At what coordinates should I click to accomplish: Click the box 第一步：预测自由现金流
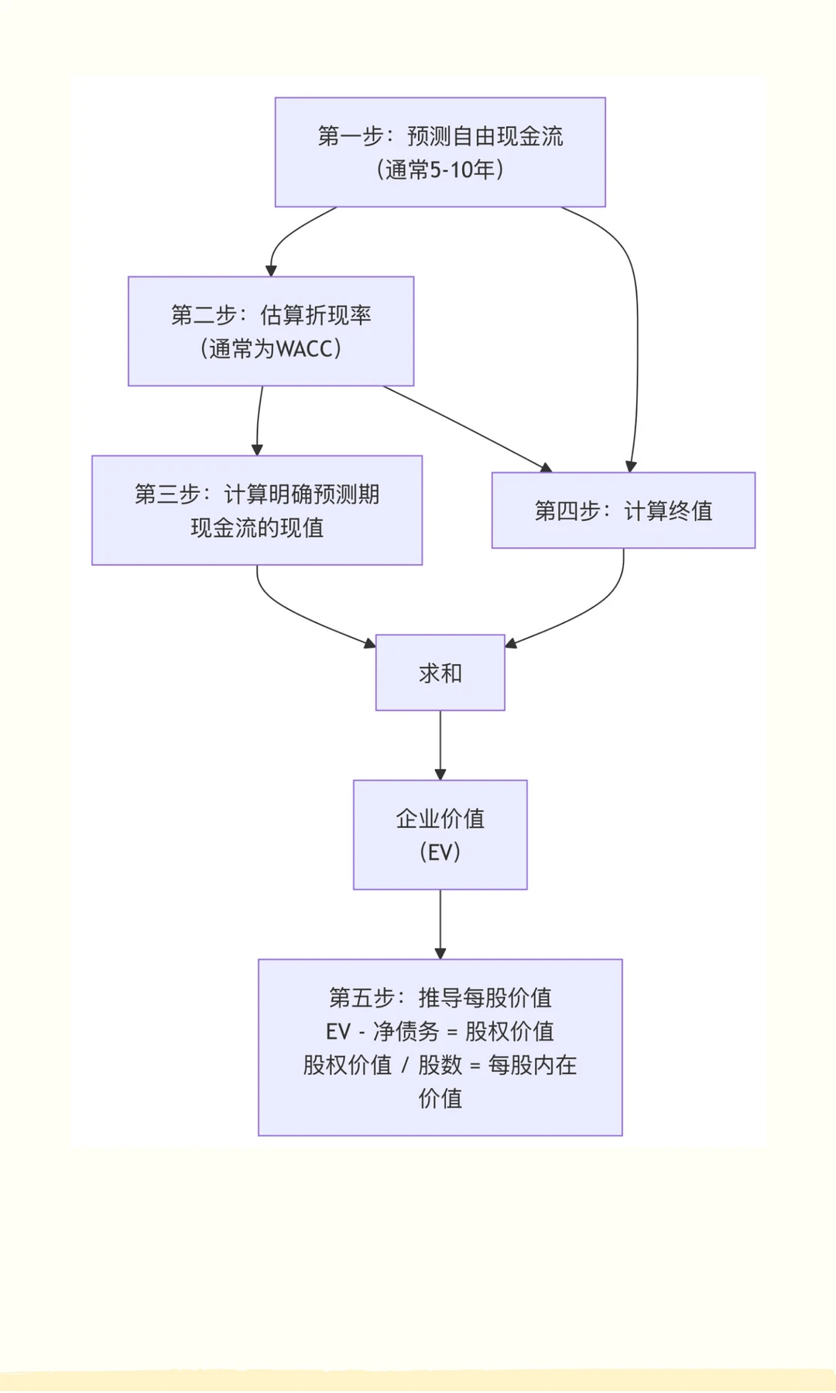(x=440, y=152)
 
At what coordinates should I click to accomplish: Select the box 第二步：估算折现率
(x=271, y=331)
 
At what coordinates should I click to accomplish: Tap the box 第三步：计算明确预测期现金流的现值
(x=257, y=510)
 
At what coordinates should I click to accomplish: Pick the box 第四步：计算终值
(x=623, y=511)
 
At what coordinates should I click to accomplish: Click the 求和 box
(x=440, y=673)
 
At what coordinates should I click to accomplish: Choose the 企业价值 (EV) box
(x=440, y=834)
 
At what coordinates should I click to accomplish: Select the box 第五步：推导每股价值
(x=440, y=1047)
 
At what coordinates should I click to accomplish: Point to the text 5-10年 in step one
(x=462, y=169)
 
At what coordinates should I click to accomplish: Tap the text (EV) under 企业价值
(x=440, y=852)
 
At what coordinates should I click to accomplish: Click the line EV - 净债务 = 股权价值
(x=440, y=1031)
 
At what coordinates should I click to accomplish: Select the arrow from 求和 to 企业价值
(x=440, y=743)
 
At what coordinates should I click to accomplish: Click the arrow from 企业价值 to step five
(x=440, y=922)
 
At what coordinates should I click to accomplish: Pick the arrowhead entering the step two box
(x=271, y=271)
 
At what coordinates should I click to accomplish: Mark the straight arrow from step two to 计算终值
(x=464, y=428)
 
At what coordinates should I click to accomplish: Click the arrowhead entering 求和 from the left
(x=369, y=642)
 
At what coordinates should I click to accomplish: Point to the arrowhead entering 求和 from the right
(x=511, y=642)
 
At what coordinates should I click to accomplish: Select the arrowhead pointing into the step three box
(x=257, y=450)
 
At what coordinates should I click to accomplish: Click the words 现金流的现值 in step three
(x=257, y=528)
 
